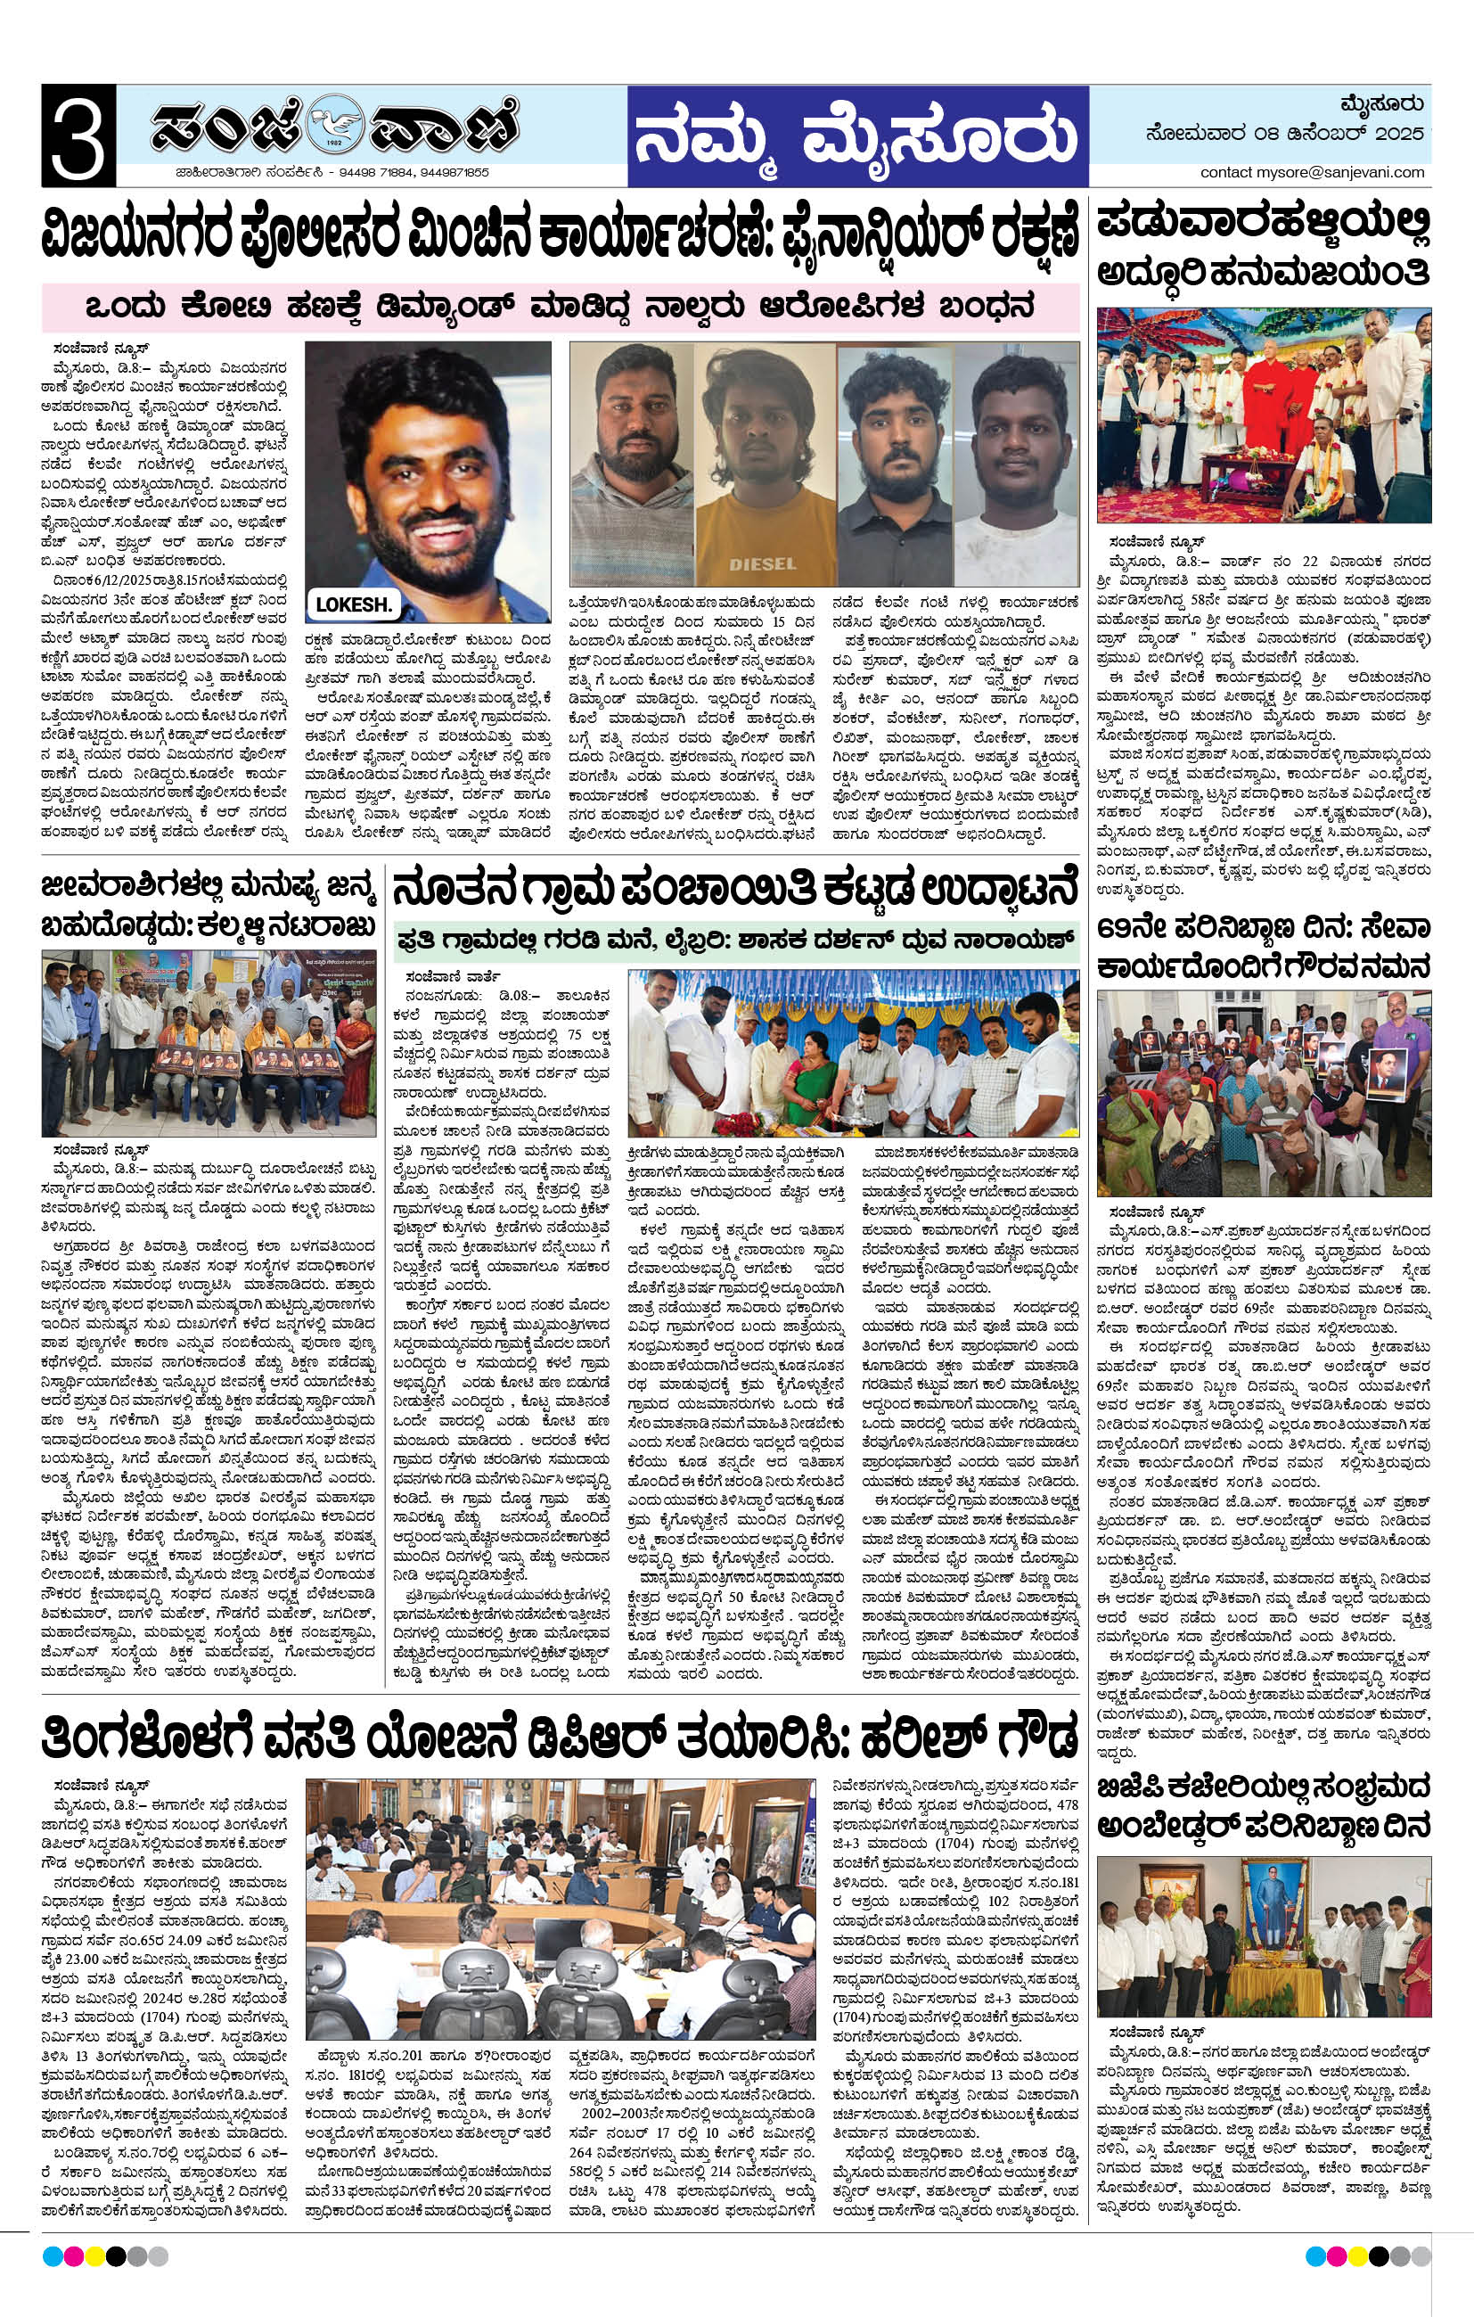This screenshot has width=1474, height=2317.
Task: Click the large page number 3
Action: (x=78, y=136)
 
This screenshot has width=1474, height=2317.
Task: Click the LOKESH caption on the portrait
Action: (x=354, y=604)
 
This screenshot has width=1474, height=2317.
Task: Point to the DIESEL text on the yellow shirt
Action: (x=763, y=563)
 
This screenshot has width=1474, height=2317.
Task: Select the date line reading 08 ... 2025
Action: (x=1284, y=135)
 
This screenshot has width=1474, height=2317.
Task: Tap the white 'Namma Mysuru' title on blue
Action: (x=856, y=135)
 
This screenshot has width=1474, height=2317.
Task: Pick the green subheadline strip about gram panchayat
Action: (x=735, y=939)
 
